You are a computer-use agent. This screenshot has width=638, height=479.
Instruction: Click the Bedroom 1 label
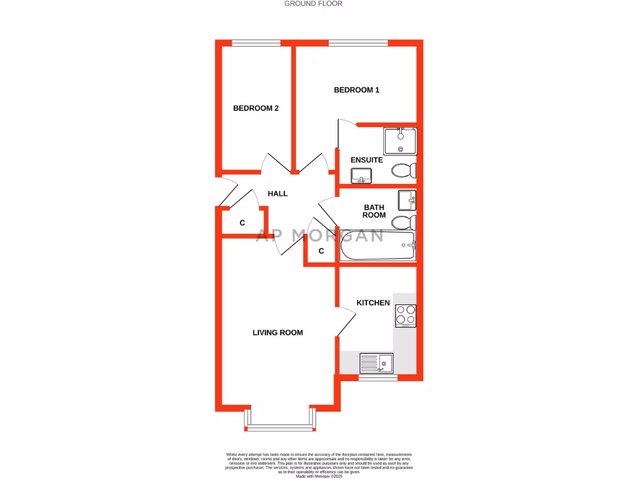tap(356, 90)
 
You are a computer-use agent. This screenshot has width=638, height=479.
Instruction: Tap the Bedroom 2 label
tap(255, 108)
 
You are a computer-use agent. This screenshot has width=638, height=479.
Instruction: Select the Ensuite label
tap(366, 160)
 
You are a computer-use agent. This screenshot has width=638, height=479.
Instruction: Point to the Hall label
tap(277, 193)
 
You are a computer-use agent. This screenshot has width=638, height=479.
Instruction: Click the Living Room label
tap(277, 332)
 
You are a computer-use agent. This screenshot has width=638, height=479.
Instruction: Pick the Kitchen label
tap(373, 303)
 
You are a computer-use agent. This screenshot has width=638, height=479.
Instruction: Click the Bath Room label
tap(374, 211)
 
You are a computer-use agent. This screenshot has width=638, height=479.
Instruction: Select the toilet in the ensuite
tap(404, 170)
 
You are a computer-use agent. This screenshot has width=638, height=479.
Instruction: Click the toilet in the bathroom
tap(404, 221)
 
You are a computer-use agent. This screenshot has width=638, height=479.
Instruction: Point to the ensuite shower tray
tap(399, 141)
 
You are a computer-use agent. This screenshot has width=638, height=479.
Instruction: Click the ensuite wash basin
tap(361, 176)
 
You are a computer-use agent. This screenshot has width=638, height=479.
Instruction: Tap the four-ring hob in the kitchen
tap(406, 316)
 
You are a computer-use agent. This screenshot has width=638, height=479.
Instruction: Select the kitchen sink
tap(376, 362)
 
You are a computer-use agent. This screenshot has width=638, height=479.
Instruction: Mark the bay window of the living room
tap(280, 427)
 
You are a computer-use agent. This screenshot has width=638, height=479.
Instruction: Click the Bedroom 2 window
tap(255, 43)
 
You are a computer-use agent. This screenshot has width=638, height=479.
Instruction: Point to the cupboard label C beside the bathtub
tap(321, 251)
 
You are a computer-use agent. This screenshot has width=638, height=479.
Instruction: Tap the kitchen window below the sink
tap(378, 377)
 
